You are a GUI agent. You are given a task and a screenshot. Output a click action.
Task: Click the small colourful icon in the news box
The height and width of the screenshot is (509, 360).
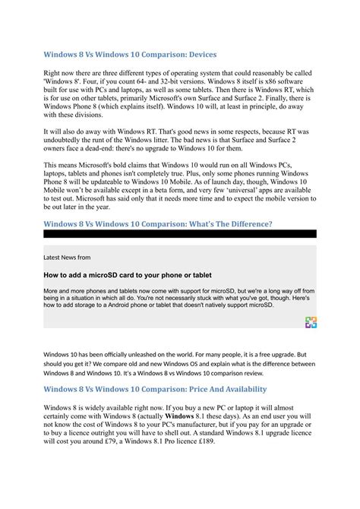click(x=310, y=322)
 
